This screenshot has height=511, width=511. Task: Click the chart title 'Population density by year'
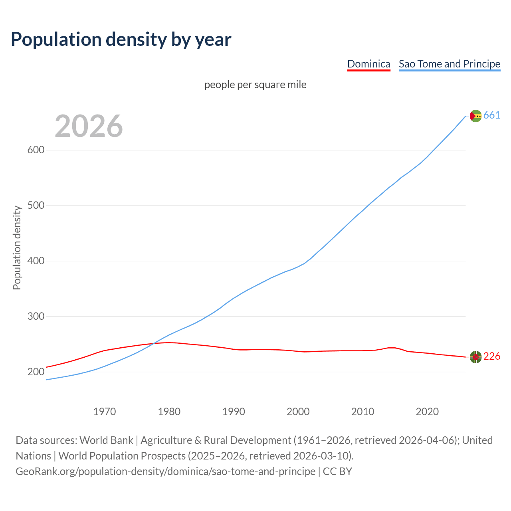(x=121, y=40)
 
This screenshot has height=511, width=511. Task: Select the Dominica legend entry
(x=368, y=64)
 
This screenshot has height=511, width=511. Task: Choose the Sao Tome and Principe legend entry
(x=450, y=64)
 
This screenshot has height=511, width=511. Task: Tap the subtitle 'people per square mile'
(x=255, y=85)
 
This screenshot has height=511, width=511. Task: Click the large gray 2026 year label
(x=89, y=126)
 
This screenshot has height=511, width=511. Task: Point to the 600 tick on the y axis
(x=36, y=150)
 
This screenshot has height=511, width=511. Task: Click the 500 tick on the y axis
(x=36, y=206)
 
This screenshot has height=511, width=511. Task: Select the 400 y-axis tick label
(x=36, y=261)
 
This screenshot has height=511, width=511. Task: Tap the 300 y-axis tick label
(x=36, y=317)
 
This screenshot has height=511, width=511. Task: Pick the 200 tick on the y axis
(x=36, y=372)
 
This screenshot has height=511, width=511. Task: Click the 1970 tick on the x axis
(x=105, y=412)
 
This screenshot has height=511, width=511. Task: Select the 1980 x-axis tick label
(x=169, y=412)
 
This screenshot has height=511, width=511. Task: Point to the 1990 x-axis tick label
(x=234, y=412)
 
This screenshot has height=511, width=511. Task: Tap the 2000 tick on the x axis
(x=298, y=412)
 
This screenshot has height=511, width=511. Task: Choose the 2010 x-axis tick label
(x=362, y=412)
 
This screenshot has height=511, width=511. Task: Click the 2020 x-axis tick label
(x=427, y=412)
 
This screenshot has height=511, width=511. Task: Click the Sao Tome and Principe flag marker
(x=475, y=116)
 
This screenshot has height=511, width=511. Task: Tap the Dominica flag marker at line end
(x=475, y=357)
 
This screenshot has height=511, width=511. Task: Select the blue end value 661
(x=492, y=115)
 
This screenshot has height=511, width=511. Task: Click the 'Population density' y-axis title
(x=17, y=248)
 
